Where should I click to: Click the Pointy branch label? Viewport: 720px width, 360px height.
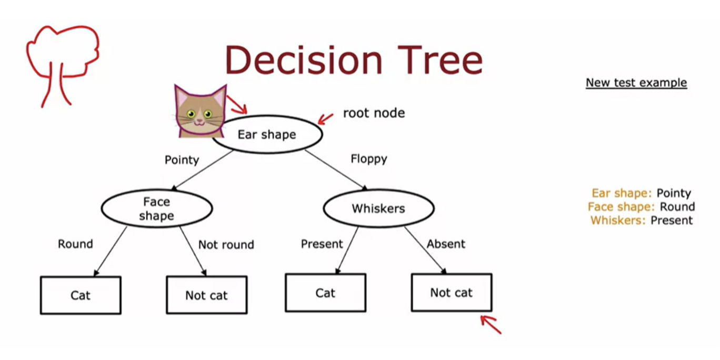coord(182,160)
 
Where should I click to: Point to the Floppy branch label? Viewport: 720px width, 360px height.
coord(369,159)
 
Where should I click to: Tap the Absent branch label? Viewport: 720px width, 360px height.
coord(446,244)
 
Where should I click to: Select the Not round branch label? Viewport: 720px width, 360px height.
coord(226,245)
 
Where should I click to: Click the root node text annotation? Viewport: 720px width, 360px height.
coord(374,113)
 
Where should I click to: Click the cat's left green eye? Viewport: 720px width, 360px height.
coord(191,114)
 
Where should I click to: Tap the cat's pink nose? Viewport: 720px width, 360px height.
coord(199,121)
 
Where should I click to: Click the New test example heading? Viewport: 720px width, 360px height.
coord(636,83)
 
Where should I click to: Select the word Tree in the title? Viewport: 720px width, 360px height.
coord(440,60)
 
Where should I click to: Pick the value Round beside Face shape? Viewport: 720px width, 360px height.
coord(677,207)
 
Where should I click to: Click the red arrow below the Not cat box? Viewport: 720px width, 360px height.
coord(491,324)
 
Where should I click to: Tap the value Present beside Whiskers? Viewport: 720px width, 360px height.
coord(672,221)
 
